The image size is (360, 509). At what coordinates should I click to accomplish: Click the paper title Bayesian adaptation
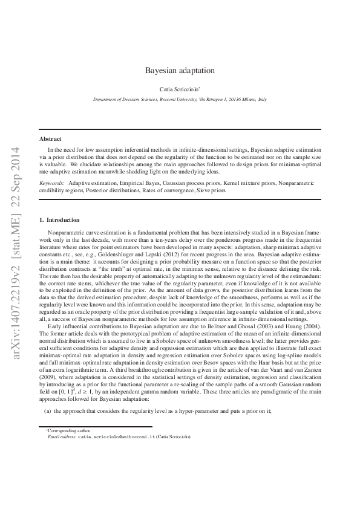coord(180,70)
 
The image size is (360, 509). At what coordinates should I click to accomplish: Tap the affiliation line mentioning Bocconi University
coord(180,98)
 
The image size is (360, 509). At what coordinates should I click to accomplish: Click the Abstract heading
coord(50,138)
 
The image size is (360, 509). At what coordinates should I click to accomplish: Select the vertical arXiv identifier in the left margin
coord(16,255)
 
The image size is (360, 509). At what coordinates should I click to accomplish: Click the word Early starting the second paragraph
coord(54,326)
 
